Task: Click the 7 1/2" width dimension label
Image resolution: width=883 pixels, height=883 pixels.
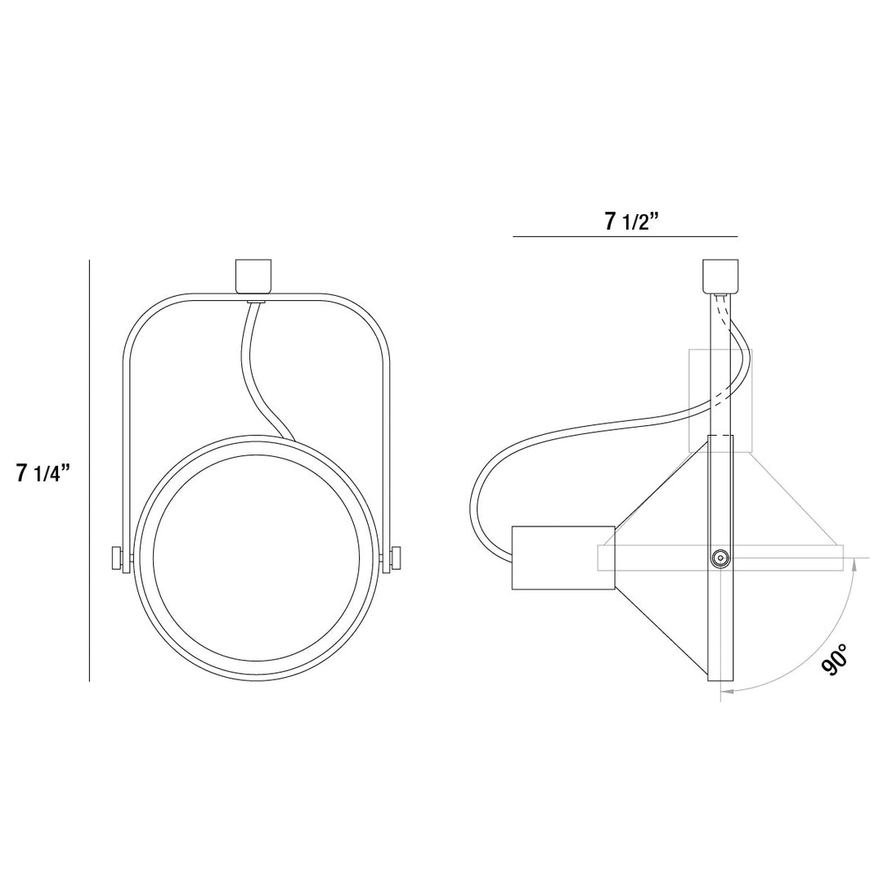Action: pos(632,222)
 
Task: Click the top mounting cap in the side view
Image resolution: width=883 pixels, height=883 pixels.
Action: pos(720,276)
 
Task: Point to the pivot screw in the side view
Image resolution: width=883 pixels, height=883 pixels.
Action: pos(720,558)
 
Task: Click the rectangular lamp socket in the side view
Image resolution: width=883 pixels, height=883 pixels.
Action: pos(563,558)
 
